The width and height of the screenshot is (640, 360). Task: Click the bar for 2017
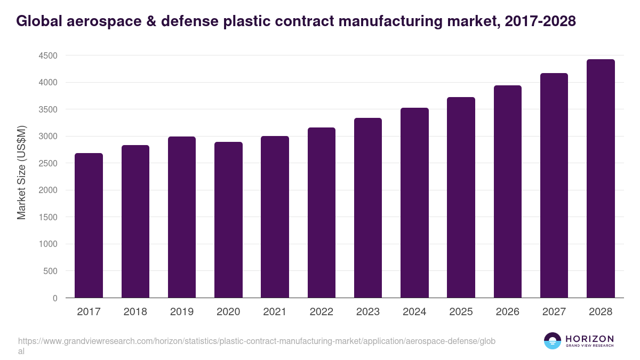(89, 225)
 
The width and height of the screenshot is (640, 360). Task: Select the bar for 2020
(228, 220)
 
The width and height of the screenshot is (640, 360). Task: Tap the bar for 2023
(368, 207)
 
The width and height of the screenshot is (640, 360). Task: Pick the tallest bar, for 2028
(601, 178)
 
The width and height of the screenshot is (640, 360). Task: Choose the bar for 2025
(461, 197)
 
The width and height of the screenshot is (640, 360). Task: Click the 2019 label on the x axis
(182, 312)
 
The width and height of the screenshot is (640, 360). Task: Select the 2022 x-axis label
(322, 312)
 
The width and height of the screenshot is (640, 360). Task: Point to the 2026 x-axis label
(507, 312)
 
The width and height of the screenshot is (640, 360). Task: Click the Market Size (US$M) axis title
(21, 173)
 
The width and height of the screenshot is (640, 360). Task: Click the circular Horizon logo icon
(552, 341)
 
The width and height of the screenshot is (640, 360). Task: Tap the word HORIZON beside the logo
(589, 339)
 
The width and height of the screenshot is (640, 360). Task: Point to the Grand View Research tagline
(589, 346)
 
